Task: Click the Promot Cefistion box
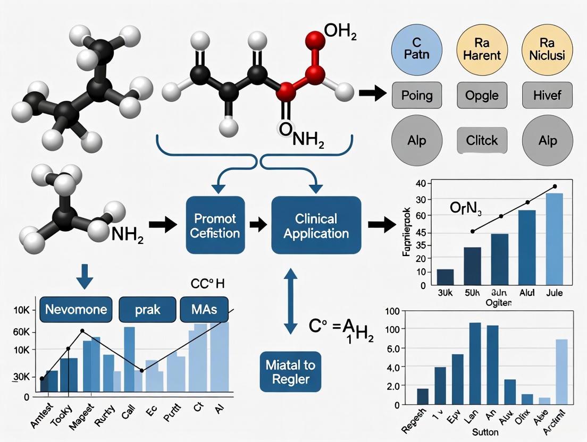point(215,225)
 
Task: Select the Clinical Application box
point(316,225)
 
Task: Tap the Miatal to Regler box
point(291,372)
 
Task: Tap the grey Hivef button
point(547,96)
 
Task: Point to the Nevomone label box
point(76,310)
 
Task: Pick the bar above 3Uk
point(445,277)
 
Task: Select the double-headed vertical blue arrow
point(290,301)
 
